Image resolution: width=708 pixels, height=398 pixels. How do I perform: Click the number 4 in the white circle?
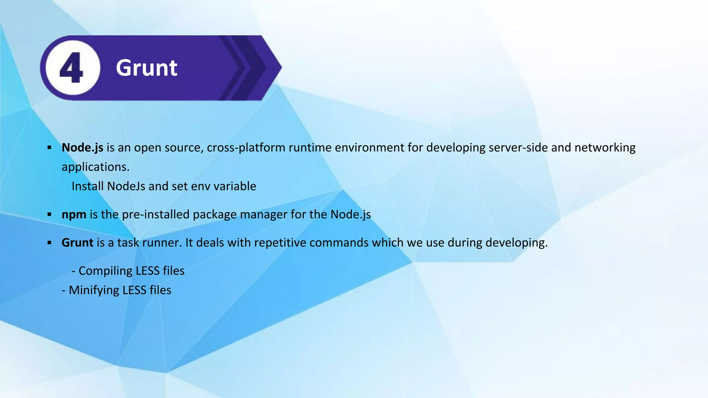72,68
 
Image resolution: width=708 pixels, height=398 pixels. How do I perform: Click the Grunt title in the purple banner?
147,68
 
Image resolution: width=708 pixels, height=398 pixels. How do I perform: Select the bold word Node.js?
82,148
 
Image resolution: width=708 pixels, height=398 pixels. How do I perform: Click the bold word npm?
74,215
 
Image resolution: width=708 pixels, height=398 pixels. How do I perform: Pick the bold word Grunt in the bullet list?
77,243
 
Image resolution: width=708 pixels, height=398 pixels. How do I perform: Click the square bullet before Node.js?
49,148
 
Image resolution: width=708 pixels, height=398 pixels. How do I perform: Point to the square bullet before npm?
49,215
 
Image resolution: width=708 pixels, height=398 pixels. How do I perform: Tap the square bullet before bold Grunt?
49,243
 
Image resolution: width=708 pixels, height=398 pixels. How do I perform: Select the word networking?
605,148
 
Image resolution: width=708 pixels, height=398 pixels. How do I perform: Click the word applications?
95,167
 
